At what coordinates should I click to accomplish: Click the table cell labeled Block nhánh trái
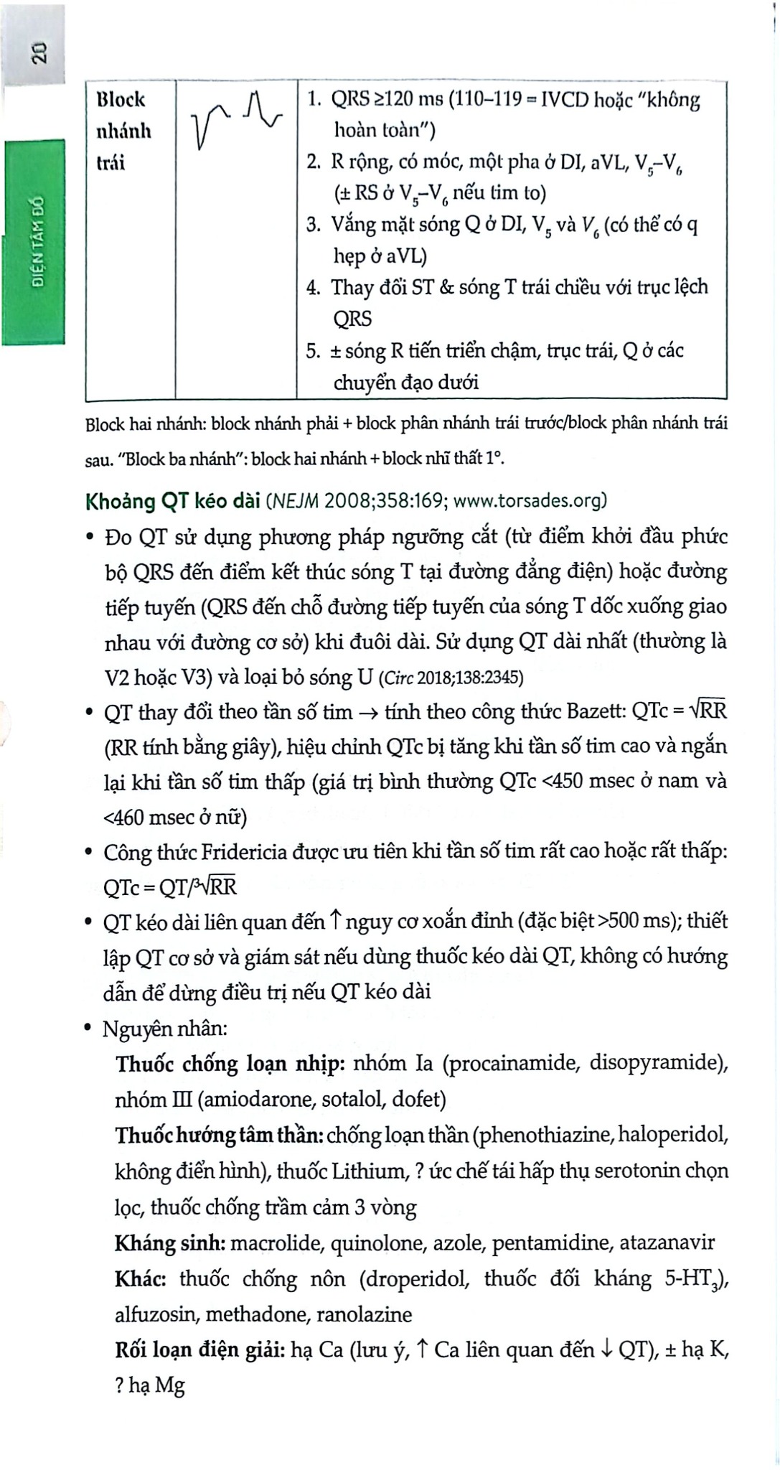(121, 131)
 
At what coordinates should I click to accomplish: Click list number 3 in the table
(313, 225)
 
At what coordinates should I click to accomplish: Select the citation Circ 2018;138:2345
(451, 678)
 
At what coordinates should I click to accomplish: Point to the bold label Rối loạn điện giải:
(199, 1350)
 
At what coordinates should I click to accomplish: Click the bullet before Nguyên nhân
(88, 1029)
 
